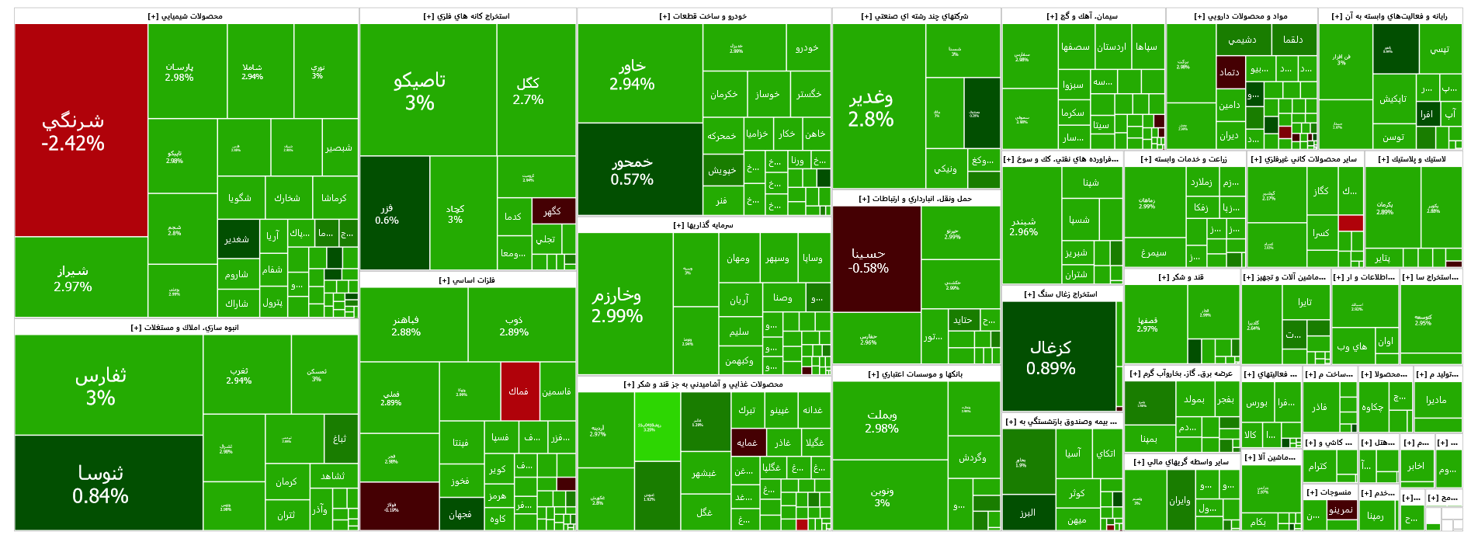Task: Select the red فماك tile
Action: (x=519, y=391)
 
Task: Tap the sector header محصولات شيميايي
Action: (x=186, y=16)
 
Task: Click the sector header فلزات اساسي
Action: (x=467, y=280)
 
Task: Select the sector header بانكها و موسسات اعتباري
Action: (x=916, y=374)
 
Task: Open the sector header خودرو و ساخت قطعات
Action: (x=703, y=16)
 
